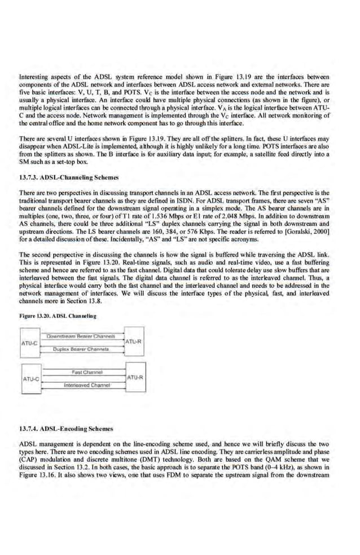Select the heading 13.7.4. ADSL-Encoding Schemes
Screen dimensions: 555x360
pos(66,429)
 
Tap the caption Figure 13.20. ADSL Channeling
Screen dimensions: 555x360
pos(58,315)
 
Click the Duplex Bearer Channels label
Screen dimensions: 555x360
pos(81,349)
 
